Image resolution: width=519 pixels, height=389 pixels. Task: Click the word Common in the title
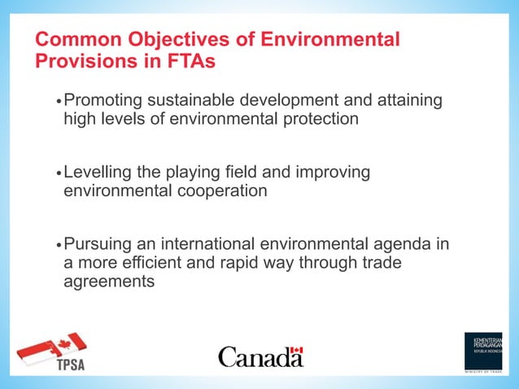[74, 40]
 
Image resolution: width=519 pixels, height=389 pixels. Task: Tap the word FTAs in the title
[191, 60]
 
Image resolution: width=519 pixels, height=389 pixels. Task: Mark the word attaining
[405, 101]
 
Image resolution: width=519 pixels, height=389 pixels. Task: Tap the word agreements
[109, 282]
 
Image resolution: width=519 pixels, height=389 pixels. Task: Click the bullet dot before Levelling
[58, 174]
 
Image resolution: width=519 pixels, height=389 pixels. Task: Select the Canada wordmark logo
[260, 356]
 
